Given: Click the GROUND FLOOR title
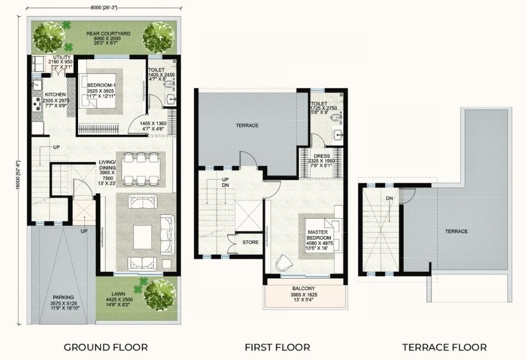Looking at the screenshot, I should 105,347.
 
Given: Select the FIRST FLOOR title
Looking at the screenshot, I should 277,347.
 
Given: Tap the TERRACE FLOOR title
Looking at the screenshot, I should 445,347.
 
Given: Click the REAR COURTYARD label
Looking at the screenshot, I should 108,34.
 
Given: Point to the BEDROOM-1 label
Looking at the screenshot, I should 101,85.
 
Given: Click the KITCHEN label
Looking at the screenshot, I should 56,94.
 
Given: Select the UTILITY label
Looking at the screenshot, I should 61,58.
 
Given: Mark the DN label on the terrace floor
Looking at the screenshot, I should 389,198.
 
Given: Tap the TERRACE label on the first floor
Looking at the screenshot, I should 247,126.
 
